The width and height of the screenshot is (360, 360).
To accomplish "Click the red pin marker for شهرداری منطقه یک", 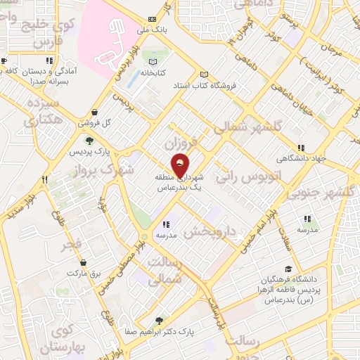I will point(180,165).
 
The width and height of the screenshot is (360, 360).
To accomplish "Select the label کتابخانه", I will point(155,72).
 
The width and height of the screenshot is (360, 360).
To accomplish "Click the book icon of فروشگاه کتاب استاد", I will point(205,75).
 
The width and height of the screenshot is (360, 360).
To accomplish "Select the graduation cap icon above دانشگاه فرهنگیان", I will point(288,269).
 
